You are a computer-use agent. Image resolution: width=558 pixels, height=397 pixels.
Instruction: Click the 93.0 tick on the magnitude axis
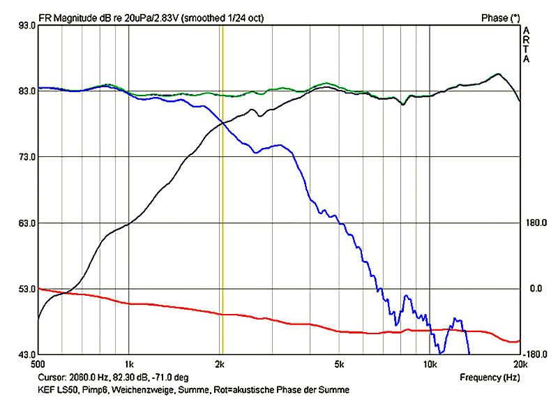pyautogui.click(x=26, y=26)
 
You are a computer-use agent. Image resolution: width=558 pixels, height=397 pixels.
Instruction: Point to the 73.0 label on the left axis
pyautogui.click(x=26, y=157)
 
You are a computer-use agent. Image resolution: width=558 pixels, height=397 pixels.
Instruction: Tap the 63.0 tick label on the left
pyautogui.click(x=26, y=223)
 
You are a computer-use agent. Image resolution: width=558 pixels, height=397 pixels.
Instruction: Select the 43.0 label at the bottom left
pyautogui.click(x=26, y=354)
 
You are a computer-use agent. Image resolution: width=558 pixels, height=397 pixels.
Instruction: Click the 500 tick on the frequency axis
pyautogui.click(x=38, y=364)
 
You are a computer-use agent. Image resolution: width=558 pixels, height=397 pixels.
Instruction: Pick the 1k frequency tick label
pyautogui.click(x=128, y=364)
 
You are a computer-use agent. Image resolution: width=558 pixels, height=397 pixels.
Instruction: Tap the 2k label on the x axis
pyautogui.click(x=220, y=364)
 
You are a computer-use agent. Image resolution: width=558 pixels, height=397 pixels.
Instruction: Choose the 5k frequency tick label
pyautogui.click(x=339, y=364)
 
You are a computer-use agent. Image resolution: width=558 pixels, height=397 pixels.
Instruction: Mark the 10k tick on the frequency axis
pyautogui.click(x=430, y=364)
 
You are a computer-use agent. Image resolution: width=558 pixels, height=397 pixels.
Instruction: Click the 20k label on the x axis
pyautogui.click(x=520, y=364)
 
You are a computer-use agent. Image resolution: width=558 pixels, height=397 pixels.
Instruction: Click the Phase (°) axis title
pyautogui.click(x=501, y=16)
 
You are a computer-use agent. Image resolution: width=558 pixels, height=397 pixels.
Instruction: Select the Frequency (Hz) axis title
pyautogui.click(x=489, y=377)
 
